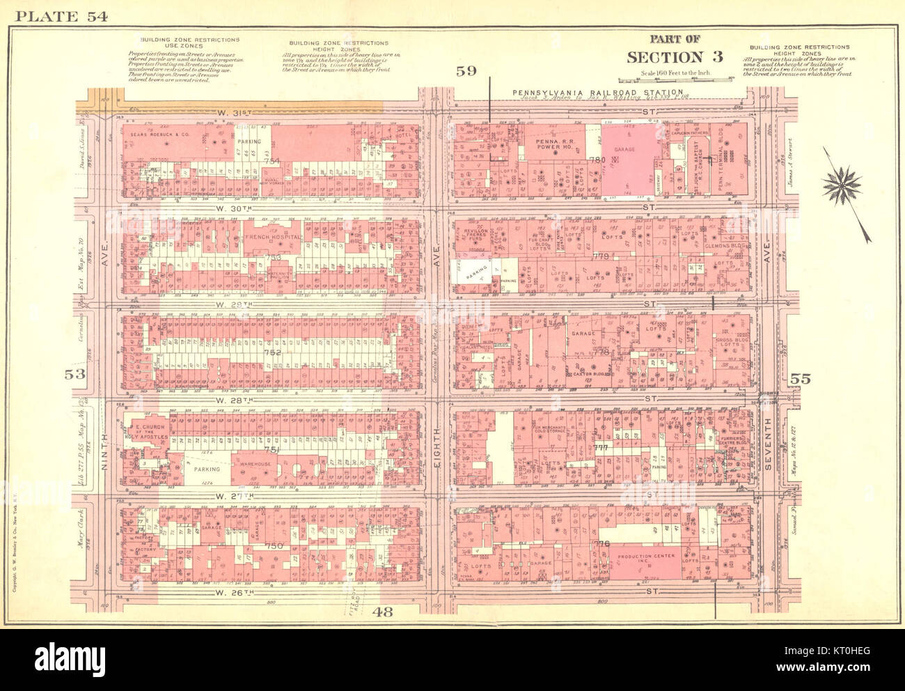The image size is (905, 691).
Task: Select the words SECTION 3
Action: tap(675, 57)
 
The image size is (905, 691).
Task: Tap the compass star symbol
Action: tap(841, 185)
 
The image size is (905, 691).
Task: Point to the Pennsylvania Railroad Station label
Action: tap(597, 93)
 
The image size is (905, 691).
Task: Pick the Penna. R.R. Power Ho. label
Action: tap(553, 145)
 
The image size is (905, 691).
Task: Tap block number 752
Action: tap(272, 352)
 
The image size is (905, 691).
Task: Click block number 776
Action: tap(601, 544)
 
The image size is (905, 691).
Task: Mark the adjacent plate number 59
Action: tap(466, 71)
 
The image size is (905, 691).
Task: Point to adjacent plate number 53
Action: tap(74, 375)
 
